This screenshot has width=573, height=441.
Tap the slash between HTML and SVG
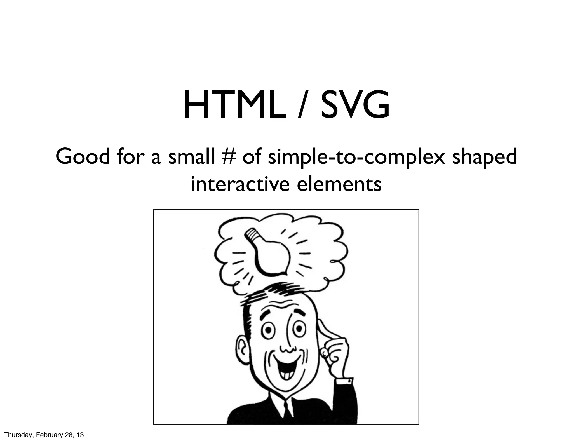(x=303, y=106)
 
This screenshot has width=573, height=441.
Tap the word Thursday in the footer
(x=17, y=435)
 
